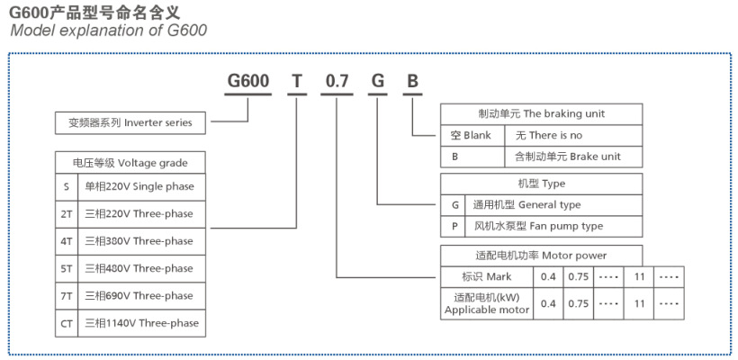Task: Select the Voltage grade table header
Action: point(130,162)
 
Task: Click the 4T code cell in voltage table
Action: point(66,241)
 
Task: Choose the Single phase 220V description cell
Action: point(141,187)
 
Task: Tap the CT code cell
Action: point(66,322)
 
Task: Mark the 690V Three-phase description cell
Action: point(141,295)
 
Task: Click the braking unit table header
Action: point(541,114)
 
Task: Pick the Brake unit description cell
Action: point(574,157)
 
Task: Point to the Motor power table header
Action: point(541,255)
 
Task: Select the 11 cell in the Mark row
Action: point(639,276)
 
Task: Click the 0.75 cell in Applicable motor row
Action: point(577,303)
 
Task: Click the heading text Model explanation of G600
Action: point(108,31)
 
